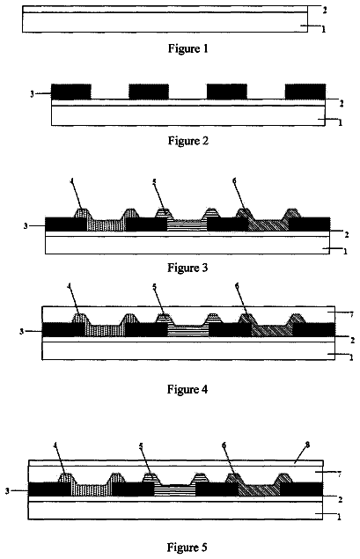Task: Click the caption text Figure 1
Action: click(x=187, y=48)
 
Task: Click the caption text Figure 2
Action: click(x=187, y=141)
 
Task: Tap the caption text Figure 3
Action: click(x=187, y=268)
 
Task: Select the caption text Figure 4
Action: click(x=187, y=389)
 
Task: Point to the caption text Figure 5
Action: click(x=187, y=548)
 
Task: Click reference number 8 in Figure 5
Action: click(x=307, y=445)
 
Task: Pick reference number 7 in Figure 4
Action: click(x=351, y=314)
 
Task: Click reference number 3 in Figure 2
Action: click(x=32, y=94)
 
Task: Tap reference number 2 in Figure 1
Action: click(x=325, y=11)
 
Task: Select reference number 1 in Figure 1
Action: click(x=324, y=29)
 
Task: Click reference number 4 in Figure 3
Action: click(x=72, y=181)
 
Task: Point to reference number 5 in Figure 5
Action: click(x=141, y=445)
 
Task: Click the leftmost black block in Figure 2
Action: click(x=71, y=92)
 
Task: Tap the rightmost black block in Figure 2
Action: click(x=305, y=92)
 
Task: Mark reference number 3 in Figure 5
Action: click(x=7, y=491)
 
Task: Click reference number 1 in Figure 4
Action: click(x=351, y=357)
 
